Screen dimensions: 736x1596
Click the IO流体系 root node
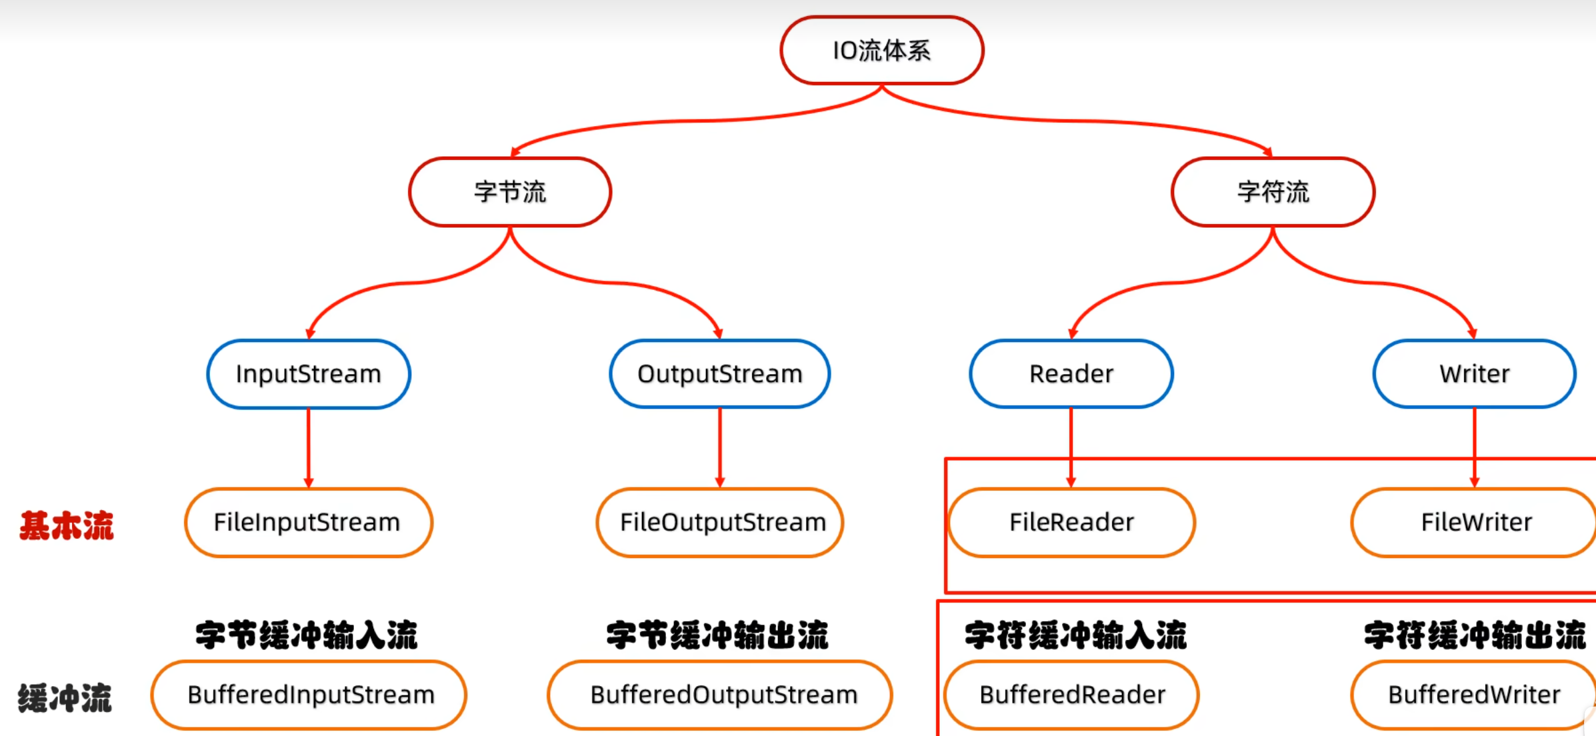click(881, 51)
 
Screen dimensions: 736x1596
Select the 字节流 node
click(510, 192)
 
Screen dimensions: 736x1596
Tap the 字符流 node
click(1273, 192)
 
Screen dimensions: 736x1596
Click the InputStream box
click(309, 374)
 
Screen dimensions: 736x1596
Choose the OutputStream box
click(720, 374)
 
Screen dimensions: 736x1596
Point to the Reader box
click(1071, 374)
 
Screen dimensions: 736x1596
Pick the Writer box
click(1475, 374)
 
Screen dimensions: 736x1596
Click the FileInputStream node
click(308, 523)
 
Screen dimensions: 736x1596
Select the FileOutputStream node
click(721, 523)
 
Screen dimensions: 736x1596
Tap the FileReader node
click(1071, 523)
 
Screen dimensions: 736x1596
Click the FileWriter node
click(1476, 523)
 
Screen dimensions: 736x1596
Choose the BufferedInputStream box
click(310, 695)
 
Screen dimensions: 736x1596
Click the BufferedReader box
click(1072, 695)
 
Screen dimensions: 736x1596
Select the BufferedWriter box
click(1474, 695)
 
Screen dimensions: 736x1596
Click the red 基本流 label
click(67, 525)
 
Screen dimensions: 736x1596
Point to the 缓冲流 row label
click(65, 698)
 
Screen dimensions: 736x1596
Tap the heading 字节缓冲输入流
click(307, 635)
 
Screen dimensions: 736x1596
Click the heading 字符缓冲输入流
click(1075, 635)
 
